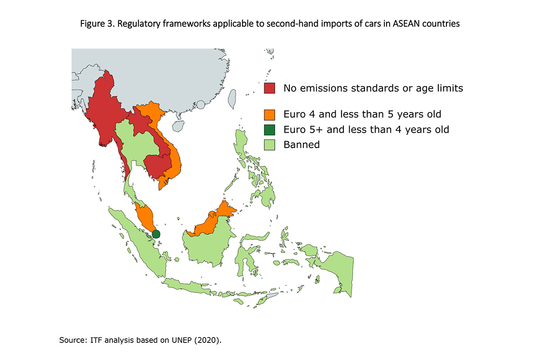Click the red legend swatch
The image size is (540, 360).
pyautogui.click(x=270, y=88)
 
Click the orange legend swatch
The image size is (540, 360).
pyautogui.click(x=270, y=114)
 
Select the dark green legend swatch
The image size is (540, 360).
pyautogui.click(x=270, y=130)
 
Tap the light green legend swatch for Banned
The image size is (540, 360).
pyautogui.click(x=270, y=145)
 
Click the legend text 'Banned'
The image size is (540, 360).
pyautogui.click(x=301, y=145)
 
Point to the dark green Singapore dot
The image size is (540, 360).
pyautogui.click(x=156, y=234)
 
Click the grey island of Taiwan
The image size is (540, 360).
pyautogui.click(x=232, y=99)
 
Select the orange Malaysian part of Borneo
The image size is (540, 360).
pyautogui.click(x=211, y=220)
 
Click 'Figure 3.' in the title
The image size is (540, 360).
pyautogui.click(x=96, y=24)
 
